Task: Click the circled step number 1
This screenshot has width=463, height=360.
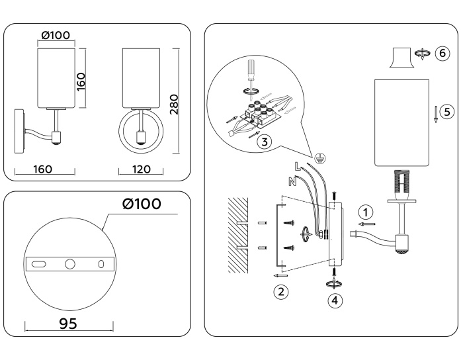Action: pyautogui.click(x=363, y=212)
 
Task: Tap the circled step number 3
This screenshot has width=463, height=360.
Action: pyautogui.click(x=263, y=141)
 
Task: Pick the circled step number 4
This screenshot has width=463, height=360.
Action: pyautogui.click(x=335, y=299)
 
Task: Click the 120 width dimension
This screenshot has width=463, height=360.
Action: pyautogui.click(x=141, y=169)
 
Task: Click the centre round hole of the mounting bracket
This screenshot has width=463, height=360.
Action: pyautogui.click(x=70, y=264)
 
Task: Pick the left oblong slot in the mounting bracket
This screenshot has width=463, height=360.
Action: pyautogui.click(x=39, y=264)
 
